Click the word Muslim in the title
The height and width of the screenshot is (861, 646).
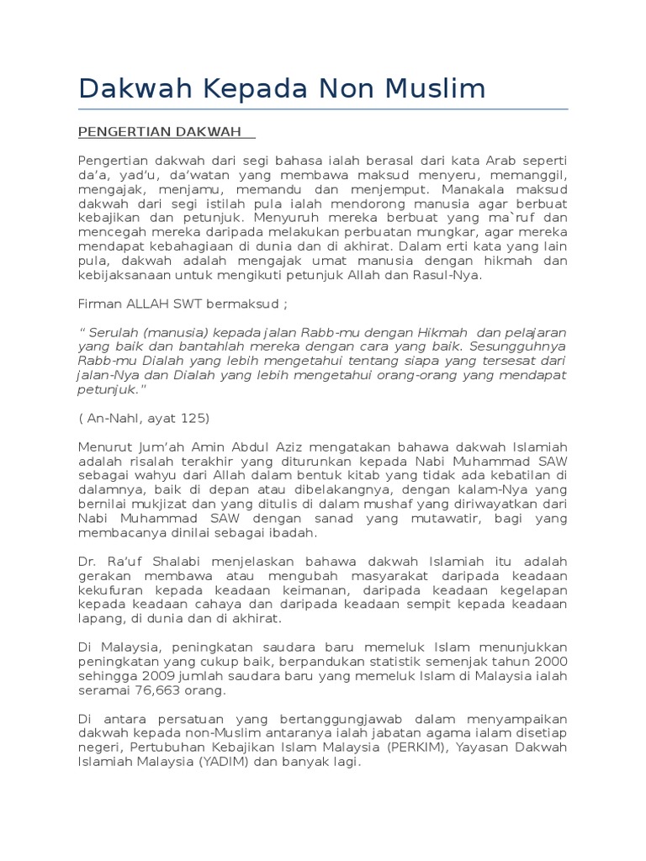440,89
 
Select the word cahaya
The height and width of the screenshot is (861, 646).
220,603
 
